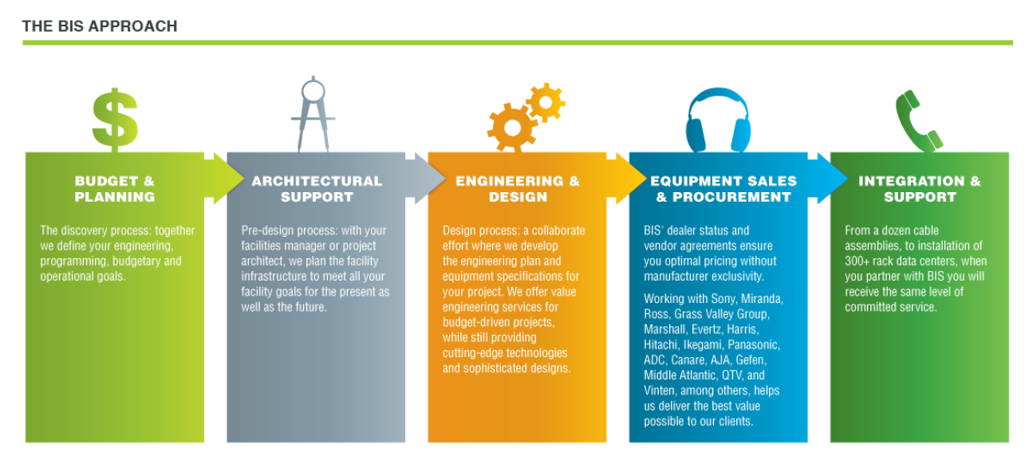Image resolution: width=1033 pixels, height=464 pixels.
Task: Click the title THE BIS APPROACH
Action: click(x=100, y=26)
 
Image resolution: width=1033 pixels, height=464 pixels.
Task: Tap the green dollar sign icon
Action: click(x=115, y=120)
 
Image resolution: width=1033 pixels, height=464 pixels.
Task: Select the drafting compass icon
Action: click(x=313, y=114)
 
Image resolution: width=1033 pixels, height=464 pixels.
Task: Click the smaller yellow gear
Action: click(x=546, y=102)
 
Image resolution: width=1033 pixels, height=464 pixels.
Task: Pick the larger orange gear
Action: click(x=512, y=128)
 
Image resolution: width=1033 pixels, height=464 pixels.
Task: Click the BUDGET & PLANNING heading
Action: click(x=115, y=189)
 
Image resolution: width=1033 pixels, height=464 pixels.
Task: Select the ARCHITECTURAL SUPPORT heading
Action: click(x=317, y=189)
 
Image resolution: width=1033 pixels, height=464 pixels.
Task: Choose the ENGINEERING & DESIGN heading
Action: click(x=518, y=189)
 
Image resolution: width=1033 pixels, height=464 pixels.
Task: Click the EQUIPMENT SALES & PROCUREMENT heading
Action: click(x=723, y=189)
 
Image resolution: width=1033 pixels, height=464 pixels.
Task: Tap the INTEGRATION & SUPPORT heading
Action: click(x=920, y=189)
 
